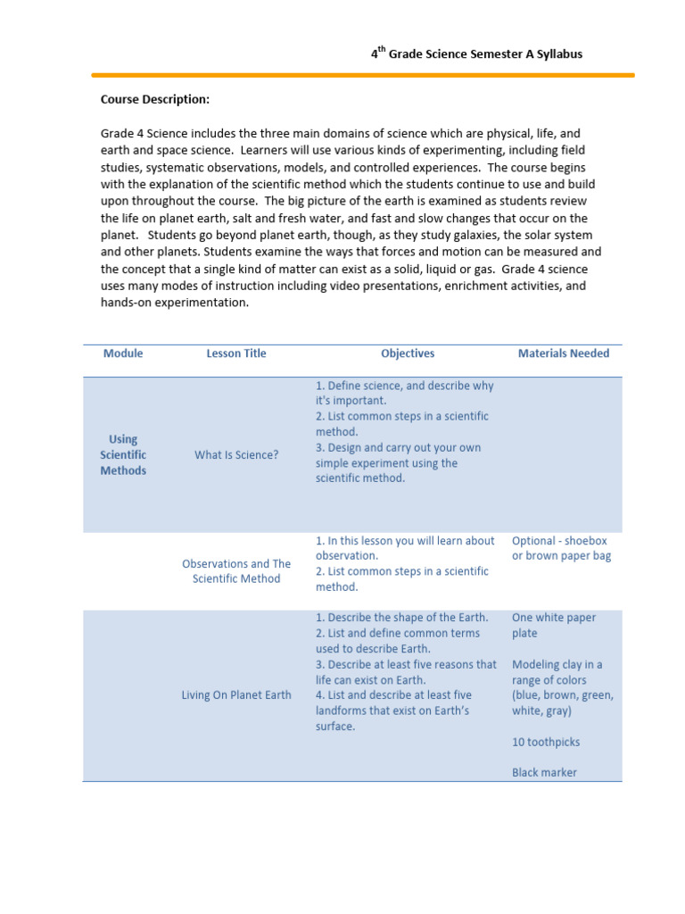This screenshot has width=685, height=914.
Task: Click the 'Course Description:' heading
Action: coord(155,99)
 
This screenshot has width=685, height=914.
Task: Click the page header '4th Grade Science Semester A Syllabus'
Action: coord(477,54)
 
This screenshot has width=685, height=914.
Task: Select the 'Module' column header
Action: coord(123,353)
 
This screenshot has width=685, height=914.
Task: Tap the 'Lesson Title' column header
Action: coord(236,353)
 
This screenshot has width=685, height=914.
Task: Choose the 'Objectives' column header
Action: coord(408,353)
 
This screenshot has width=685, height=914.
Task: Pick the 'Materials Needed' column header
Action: coord(564,353)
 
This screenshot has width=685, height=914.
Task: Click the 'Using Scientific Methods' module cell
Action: coord(123,454)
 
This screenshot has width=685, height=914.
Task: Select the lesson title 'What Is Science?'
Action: coord(236,455)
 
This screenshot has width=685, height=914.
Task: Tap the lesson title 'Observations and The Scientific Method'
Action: coord(236,571)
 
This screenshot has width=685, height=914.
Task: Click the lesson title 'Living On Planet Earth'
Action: coord(236,695)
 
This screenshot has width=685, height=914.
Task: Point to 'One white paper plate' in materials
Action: coord(554,625)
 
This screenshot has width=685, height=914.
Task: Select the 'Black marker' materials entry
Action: coord(544,772)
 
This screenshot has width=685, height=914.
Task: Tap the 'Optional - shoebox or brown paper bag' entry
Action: coord(561,548)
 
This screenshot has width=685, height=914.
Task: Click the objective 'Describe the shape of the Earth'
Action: coord(402,618)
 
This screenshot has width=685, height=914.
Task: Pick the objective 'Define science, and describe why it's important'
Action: coord(404,393)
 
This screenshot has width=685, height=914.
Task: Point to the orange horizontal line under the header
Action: coord(363,75)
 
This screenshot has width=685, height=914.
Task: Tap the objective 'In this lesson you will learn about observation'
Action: coord(405,548)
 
